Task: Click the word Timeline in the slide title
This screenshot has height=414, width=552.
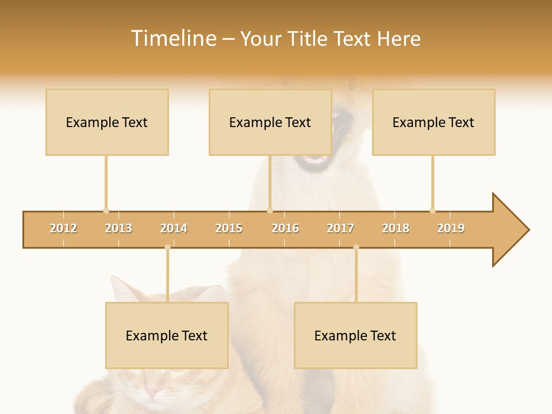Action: pyautogui.click(x=172, y=39)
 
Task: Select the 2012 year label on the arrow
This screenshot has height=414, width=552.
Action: pyautogui.click(x=63, y=228)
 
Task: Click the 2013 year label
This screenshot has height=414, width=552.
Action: pyautogui.click(x=118, y=228)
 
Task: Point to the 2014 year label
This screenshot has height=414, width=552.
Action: pyautogui.click(x=174, y=228)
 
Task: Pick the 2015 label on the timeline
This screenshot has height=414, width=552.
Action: pyautogui.click(x=229, y=228)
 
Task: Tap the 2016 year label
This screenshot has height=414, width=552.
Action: pyautogui.click(x=285, y=228)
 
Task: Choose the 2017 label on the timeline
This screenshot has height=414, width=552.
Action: pyautogui.click(x=340, y=228)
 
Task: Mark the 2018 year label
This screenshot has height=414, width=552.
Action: pyautogui.click(x=396, y=228)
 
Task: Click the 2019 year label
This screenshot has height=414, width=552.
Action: pyautogui.click(x=451, y=228)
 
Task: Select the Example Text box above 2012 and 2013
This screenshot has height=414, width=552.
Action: pyautogui.click(x=107, y=122)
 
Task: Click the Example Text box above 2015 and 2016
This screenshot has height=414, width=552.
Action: pyautogui.click(x=270, y=122)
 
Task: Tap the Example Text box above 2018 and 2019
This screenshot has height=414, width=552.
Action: pyautogui.click(x=434, y=122)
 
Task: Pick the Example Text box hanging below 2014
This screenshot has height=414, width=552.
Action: pyautogui.click(x=167, y=335)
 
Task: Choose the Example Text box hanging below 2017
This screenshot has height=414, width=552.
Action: pyautogui.click(x=355, y=335)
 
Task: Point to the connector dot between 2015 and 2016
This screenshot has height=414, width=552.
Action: pyautogui.click(x=270, y=210)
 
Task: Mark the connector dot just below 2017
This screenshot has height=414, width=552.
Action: pyautogui.click(x=356, y=247)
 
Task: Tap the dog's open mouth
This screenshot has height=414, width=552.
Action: pyautogui.click(x=315, y=159)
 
